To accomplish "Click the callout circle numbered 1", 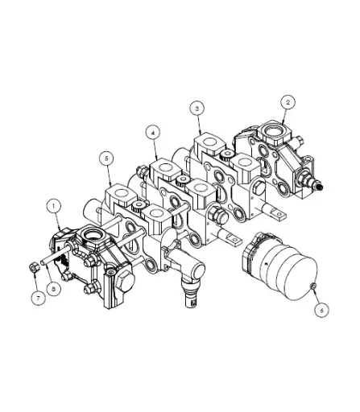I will [54, 206].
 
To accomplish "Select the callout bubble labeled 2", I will [288, 102].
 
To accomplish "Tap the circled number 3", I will [196, 107].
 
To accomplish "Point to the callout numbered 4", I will [151, 130].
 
